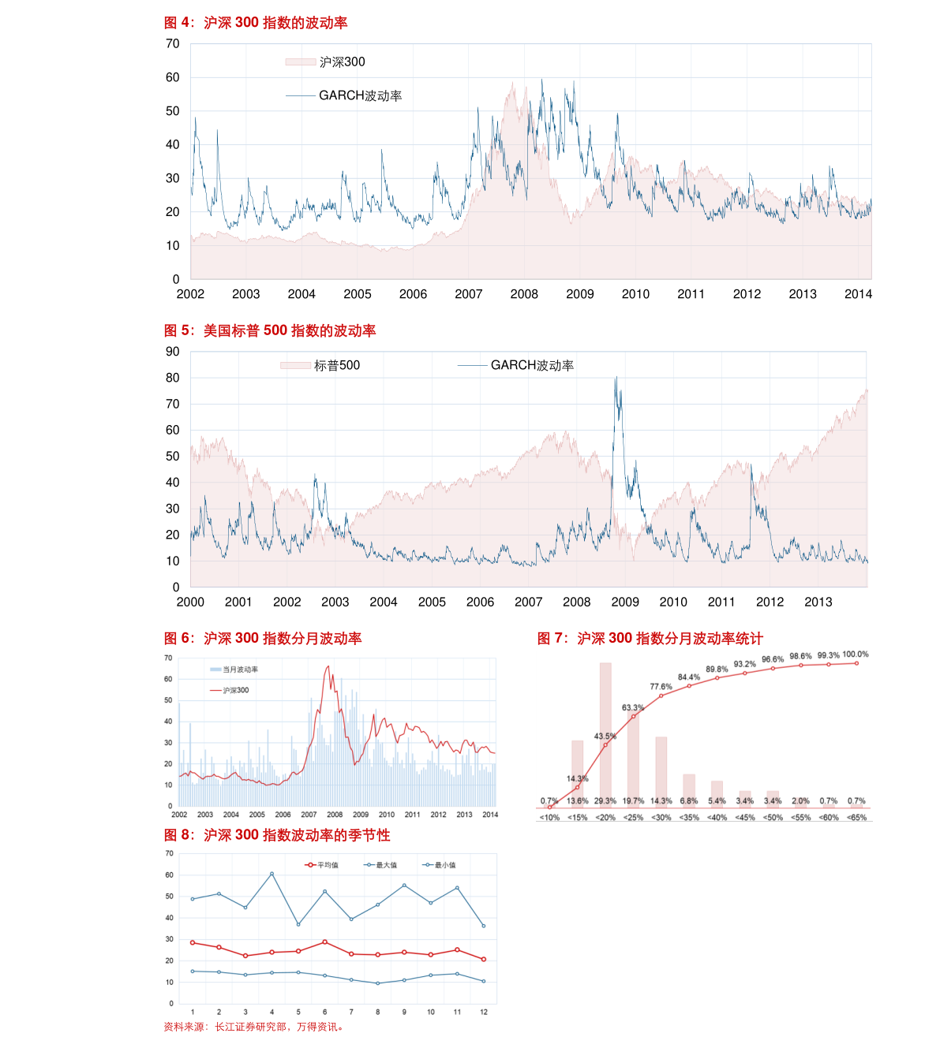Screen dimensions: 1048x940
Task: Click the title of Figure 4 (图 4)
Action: coord(255,23)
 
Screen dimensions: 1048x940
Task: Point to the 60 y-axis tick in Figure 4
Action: coord(173,77)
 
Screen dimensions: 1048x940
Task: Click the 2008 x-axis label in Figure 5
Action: coord(576,602)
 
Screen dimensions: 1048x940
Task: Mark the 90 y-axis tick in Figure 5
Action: coord(173,352)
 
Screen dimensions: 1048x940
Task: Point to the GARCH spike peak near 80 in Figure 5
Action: coord(616,379)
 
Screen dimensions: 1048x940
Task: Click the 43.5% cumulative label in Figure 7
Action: coord(605,736)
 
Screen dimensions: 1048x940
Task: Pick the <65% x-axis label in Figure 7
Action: coord(856,817)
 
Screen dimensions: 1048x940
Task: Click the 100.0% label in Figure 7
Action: coord(856,655)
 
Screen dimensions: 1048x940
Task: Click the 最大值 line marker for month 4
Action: coord(272,874)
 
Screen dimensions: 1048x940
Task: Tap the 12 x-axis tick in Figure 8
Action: coord(484,1012)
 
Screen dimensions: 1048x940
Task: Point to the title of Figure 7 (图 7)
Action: coord(650,638)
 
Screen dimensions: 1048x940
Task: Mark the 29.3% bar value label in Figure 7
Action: coord(605,800)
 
